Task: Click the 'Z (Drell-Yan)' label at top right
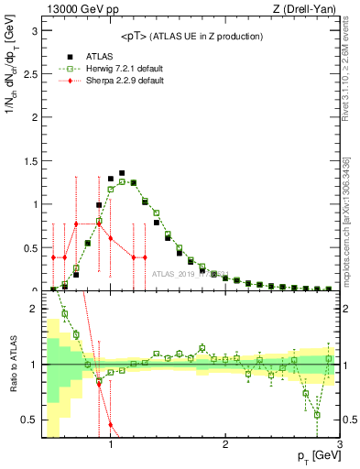click(x=303, y=10)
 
